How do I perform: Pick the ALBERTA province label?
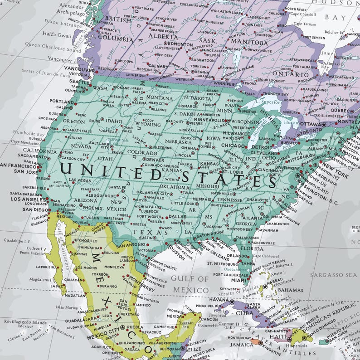click(x=151, y=37)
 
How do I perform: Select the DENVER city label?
click(x=155, y=160)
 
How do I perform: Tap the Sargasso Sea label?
click(x=334, y=275)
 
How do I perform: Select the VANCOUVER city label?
click(x=79, y=68)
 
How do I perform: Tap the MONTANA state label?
click(x=159, y=97)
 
